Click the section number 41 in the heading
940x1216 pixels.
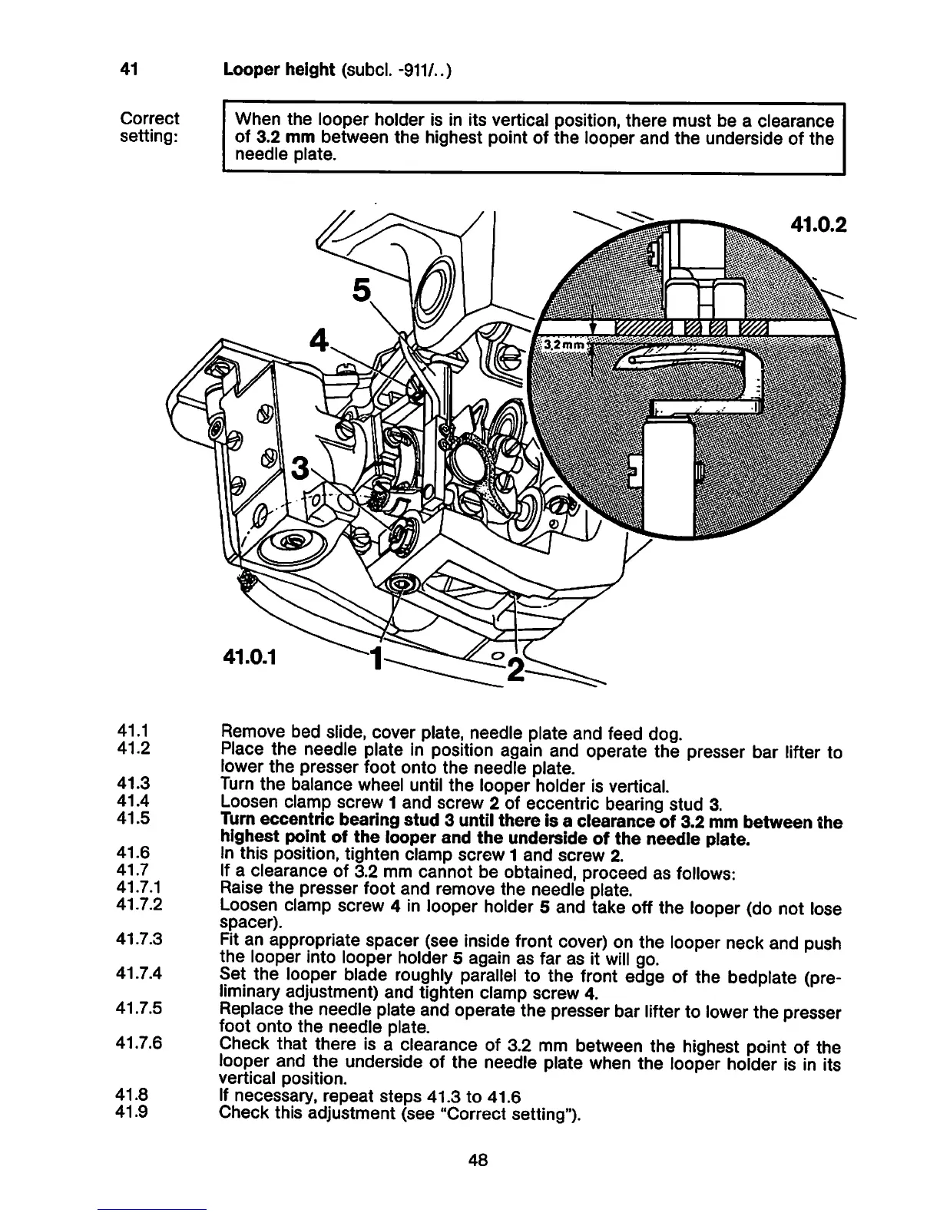pos(128,70)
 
